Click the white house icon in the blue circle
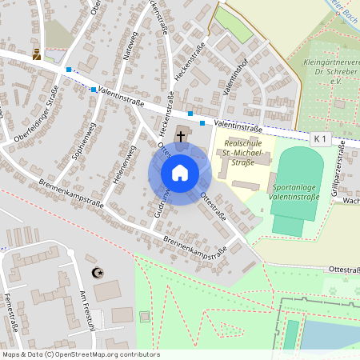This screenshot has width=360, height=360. (x=179, y=172)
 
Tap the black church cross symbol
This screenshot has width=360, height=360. (x=182, y=136)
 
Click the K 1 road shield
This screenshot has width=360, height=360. (x=320, y=139)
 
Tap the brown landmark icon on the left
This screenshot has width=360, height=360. (x=35, y=54)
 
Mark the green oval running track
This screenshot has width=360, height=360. (x=298, y=180)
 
